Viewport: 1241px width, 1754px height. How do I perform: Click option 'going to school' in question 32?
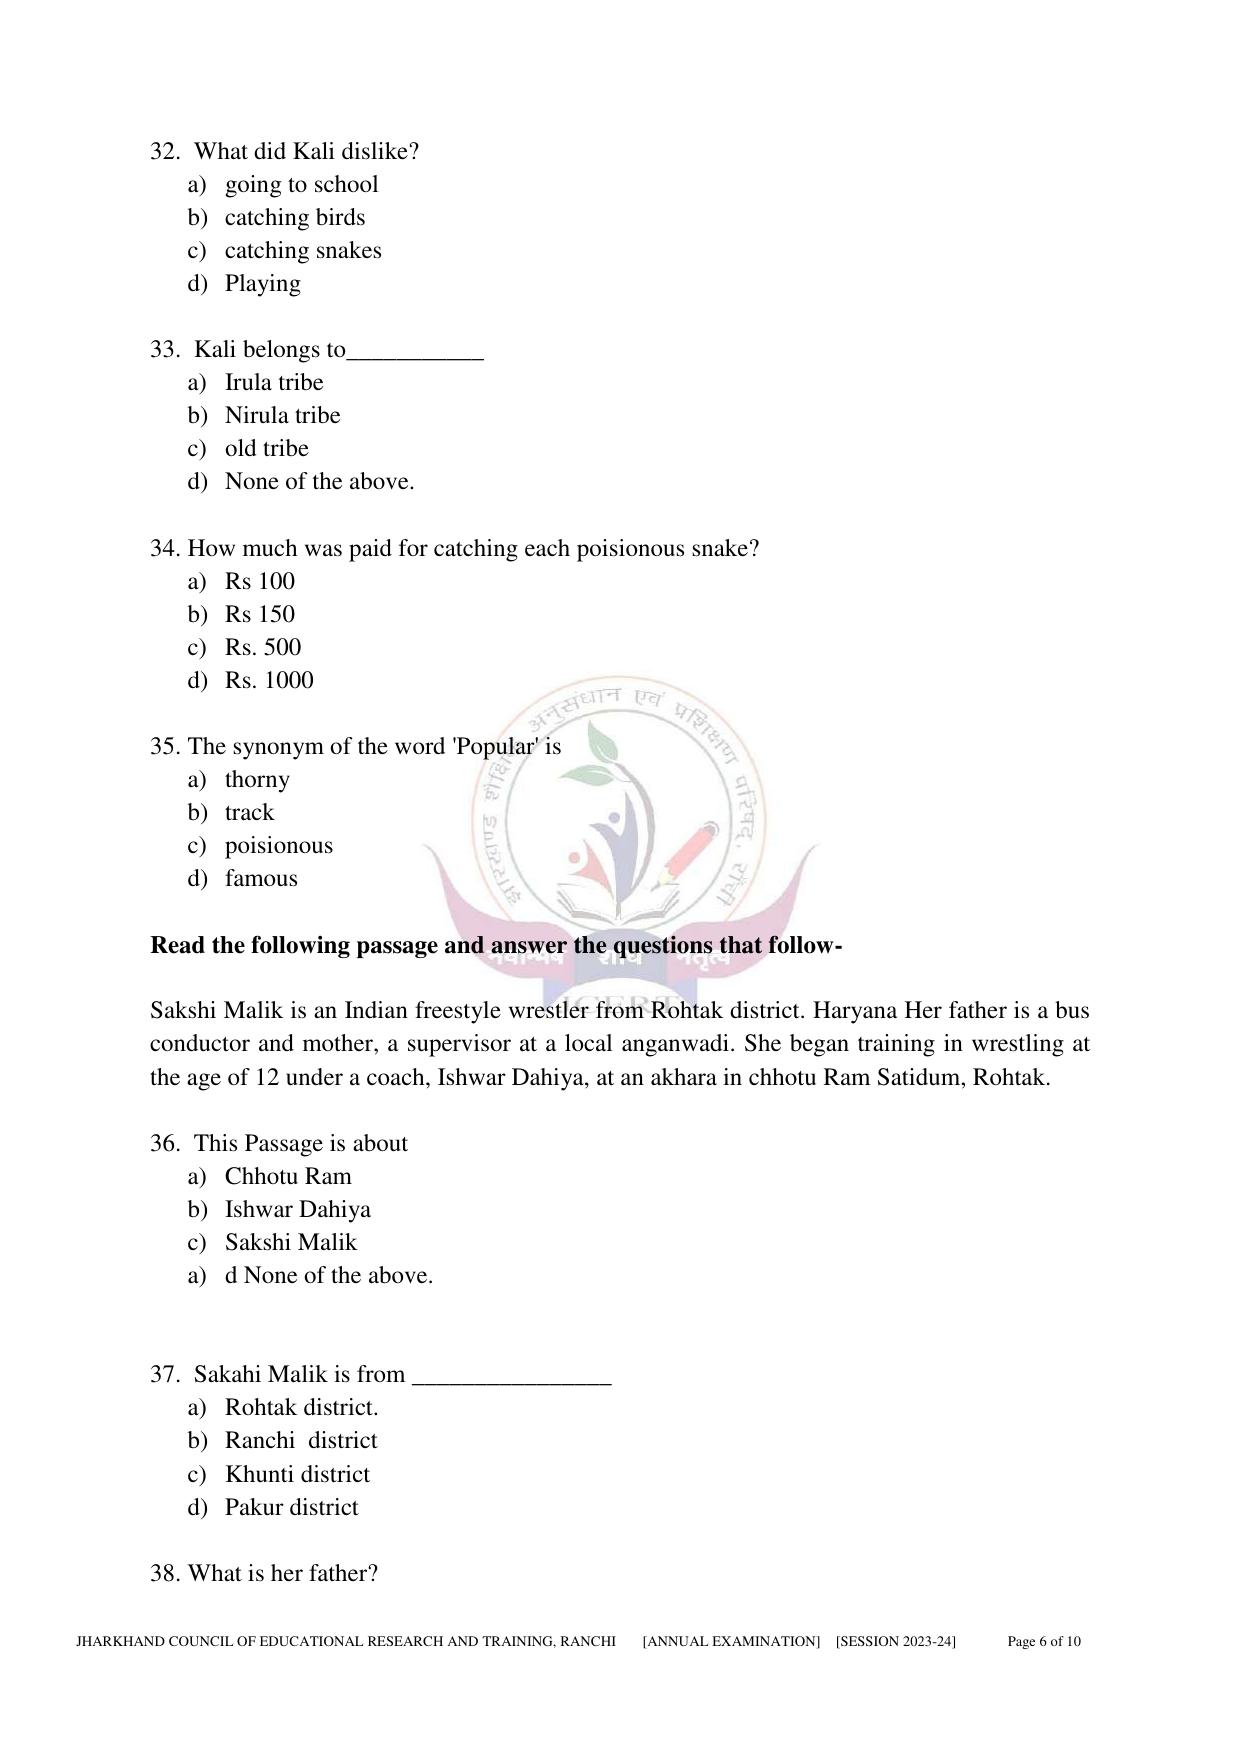point(301,184)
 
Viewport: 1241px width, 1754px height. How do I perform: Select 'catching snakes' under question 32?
point(302,250)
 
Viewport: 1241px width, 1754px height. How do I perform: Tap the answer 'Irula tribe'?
point(273,382)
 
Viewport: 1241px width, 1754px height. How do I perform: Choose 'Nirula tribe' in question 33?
point(282,415)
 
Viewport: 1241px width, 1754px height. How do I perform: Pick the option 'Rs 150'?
point(259,614)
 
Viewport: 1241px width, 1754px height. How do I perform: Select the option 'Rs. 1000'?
point(268,680)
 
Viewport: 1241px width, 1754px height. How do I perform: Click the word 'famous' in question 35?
point(261,878)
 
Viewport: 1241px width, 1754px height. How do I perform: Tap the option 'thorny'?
point(257,779)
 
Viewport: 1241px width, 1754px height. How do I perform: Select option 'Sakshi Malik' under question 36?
point(290,1242)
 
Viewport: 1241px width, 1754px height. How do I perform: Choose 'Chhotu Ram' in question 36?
point(288,1176)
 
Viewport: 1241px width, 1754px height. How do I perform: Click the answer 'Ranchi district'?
point(301,1440)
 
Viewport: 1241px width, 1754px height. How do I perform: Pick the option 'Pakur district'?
point(291,1507)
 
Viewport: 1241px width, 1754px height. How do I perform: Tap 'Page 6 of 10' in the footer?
point(1043,1641)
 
